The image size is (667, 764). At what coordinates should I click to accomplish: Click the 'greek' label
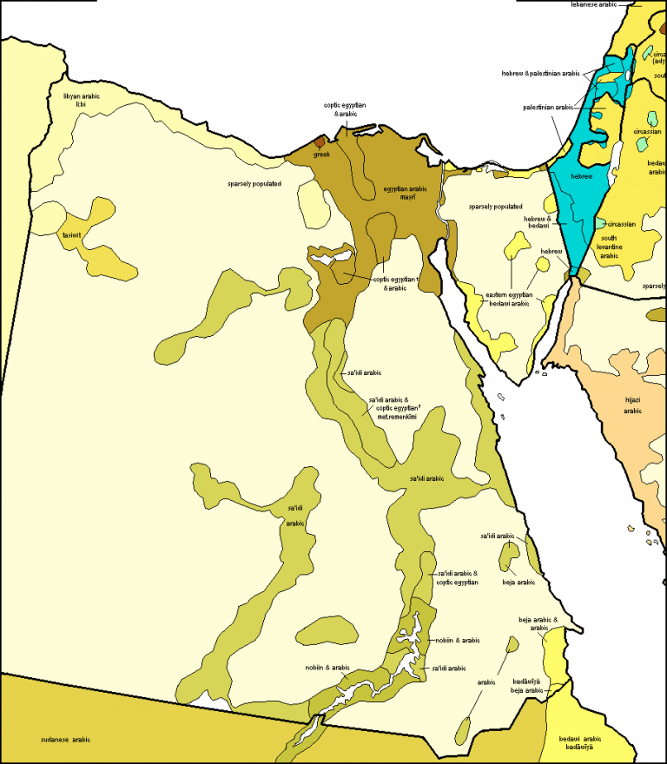coord(322,155)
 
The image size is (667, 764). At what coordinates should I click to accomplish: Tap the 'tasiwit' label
coord(71,235)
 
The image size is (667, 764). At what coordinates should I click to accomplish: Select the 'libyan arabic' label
coord(82,95)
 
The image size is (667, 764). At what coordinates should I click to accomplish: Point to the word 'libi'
coord(82,103)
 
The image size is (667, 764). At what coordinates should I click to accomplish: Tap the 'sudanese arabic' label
coord(65,739)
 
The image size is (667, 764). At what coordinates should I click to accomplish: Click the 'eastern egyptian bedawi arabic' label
coord(508,299)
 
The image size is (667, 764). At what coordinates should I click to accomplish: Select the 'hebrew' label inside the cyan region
coord(582,176)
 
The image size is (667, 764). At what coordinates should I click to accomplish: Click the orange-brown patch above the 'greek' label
coord(320,142)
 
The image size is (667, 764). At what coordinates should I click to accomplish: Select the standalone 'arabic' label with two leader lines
coord(486,682)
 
